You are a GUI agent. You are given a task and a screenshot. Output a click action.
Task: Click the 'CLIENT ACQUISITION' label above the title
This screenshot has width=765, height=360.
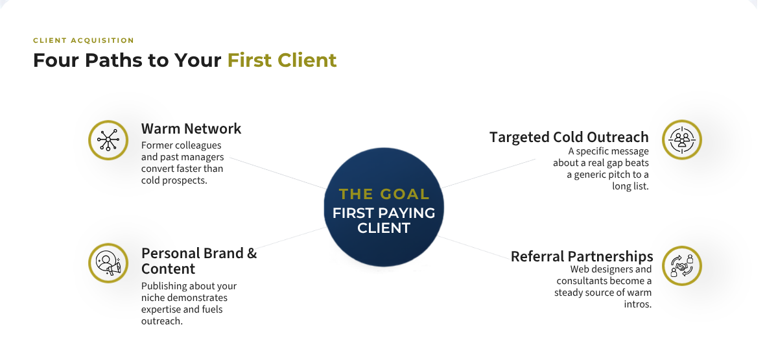point(84,41)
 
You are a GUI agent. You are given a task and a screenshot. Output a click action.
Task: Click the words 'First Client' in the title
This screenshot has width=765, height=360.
point(282,60)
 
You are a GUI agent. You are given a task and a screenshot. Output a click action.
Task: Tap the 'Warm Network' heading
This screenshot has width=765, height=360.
point(191,128)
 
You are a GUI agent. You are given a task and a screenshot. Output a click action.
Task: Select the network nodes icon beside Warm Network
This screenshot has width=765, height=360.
point(108,140)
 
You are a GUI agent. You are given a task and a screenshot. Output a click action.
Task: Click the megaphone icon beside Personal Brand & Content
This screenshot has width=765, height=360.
point(108,263)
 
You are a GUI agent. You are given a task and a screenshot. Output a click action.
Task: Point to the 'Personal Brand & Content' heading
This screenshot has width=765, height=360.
point(199,261)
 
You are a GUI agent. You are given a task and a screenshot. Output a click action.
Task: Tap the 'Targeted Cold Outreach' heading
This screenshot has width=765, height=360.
point(569,137)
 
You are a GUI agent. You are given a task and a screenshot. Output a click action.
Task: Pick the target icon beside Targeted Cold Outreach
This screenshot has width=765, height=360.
point(682,139)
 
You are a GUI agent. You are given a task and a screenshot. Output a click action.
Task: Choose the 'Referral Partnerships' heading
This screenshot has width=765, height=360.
point(582,256)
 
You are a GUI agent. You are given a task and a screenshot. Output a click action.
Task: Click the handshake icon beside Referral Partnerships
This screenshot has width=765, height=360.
point(682,266)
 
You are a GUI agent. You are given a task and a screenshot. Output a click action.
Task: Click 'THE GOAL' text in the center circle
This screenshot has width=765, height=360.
point(384,194)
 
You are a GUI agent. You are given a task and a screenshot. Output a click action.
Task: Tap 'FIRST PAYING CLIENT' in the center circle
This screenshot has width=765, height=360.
point(384,221)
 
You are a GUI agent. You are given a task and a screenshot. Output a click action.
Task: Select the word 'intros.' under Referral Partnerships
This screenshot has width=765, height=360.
point(638,304)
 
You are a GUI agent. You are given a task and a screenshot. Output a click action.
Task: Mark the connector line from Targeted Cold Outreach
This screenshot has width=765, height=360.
point(488,173)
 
